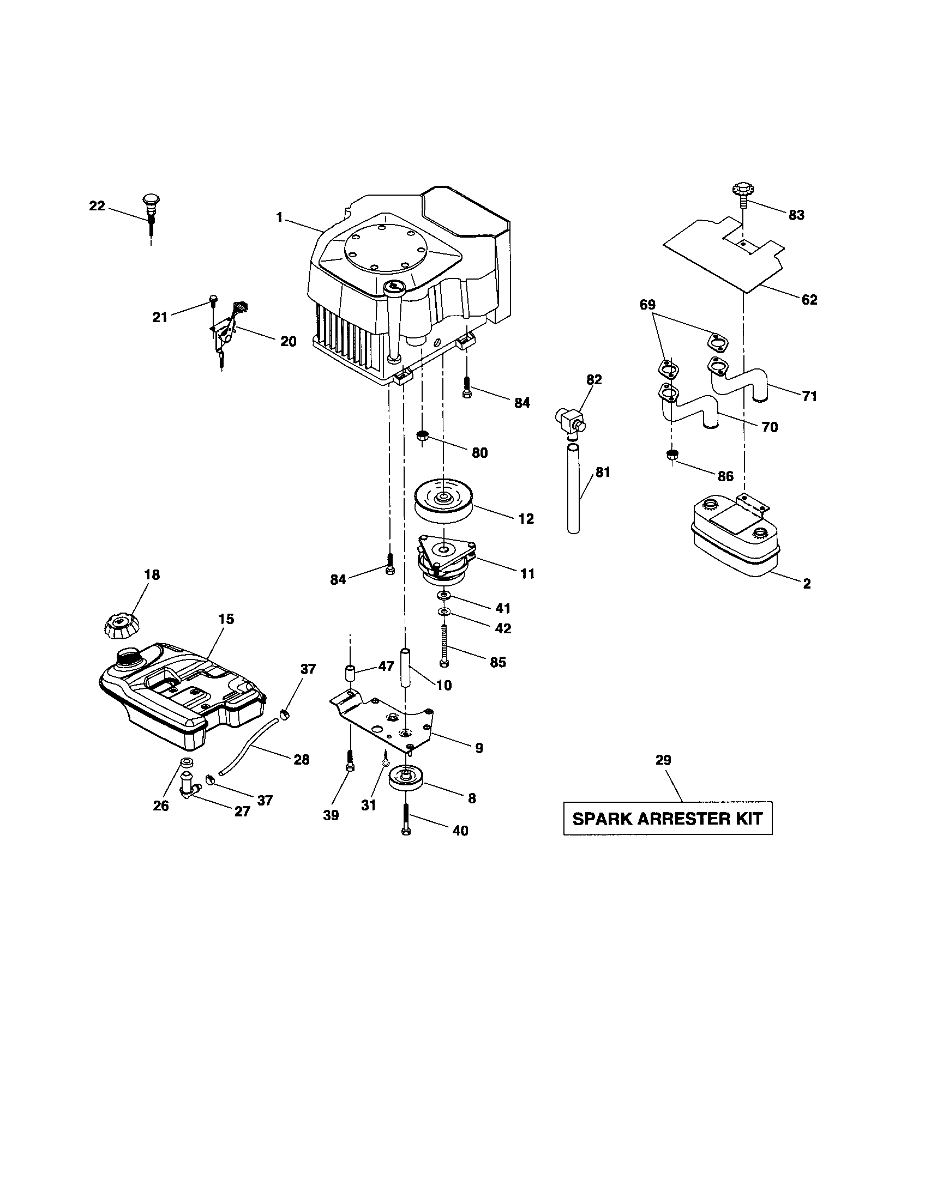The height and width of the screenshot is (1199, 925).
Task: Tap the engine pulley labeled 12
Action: point(443,501)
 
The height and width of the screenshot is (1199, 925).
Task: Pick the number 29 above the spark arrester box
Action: point(663,760)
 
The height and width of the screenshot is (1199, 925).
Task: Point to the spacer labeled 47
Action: point(350,674)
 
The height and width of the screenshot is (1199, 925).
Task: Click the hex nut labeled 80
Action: point(422,437)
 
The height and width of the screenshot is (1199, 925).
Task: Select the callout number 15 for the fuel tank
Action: point(226,619)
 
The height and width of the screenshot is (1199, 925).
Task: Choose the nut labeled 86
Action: point(670,455)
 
